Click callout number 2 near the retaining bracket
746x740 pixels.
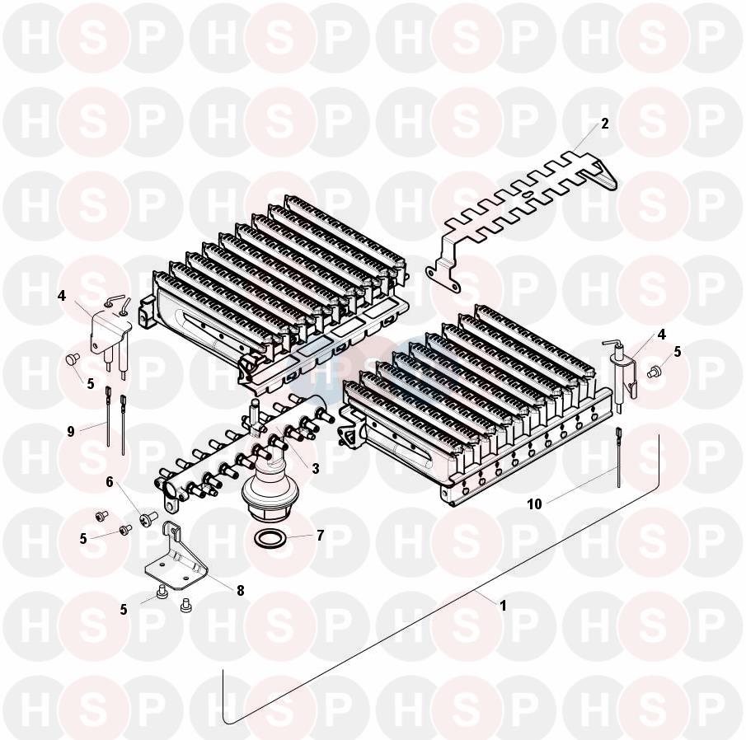[605, 124]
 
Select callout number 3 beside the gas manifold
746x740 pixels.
[316, 468]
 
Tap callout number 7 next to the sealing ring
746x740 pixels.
[320, 536]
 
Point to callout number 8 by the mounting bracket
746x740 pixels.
[240, 591]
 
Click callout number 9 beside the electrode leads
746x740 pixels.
[71, 432]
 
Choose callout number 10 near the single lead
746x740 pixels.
[535, 504]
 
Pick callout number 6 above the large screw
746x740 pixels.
[110, 482]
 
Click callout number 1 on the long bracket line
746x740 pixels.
[503, 606]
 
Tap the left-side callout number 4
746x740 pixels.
[61, 296]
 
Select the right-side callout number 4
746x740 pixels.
[661, 335]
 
